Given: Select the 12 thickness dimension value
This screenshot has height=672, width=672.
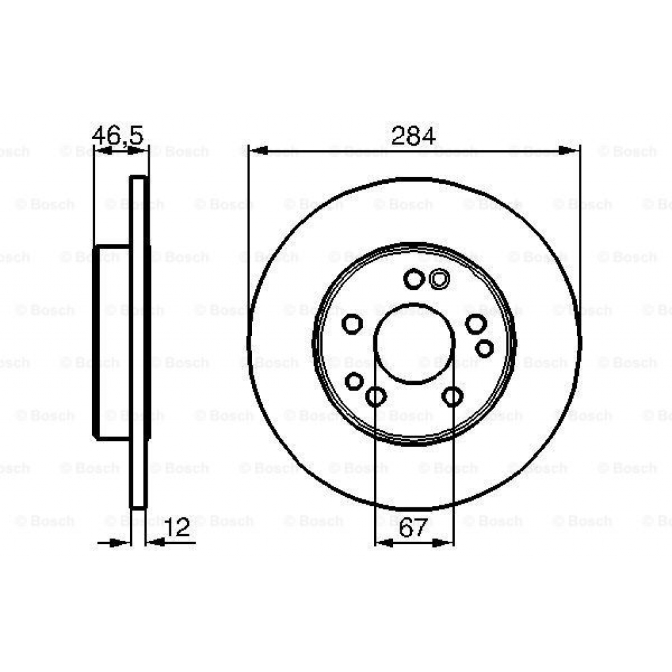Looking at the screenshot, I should click(x=178, y=528).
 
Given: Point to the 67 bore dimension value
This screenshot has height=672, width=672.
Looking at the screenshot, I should click(x=413, y=528).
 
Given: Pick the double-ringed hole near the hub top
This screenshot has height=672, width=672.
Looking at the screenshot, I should click(x=438, y=280).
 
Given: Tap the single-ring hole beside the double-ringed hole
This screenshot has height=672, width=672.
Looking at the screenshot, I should click(x=413, y=280).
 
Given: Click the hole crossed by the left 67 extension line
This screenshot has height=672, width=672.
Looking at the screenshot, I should click(x=375, y=396).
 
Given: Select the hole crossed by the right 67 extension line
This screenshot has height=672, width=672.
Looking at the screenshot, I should click(x=452, y=396).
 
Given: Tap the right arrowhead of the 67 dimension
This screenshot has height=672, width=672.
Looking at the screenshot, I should click(x=445, y=543).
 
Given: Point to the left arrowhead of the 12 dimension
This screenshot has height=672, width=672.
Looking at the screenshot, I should click(x=122, y=543).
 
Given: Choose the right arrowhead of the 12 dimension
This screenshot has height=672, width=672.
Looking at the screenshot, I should click(x=155, y=543).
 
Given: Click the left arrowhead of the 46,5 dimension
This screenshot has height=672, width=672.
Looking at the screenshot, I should click(x=102, y=151).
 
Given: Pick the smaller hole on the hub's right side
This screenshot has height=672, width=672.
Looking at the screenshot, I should click(x=484, y=348).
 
